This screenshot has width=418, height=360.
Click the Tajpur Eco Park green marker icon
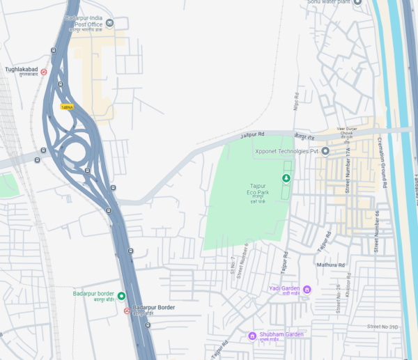(286, 178)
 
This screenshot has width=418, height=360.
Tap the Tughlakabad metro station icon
(43, 71)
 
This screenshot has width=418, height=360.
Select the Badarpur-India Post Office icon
(109, 24)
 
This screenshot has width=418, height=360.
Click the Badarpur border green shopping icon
(121, 296)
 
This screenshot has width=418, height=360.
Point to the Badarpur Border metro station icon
(126, 311)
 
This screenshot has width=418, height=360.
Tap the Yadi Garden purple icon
(306, 289)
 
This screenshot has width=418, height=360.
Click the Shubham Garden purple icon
(252, 336)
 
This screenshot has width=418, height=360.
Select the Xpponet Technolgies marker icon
(325, 151)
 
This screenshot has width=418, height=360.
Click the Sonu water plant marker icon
(357, 2)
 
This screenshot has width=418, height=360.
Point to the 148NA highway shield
(67, 107)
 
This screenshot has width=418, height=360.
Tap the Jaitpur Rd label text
(253, 133)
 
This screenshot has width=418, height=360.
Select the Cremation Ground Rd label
(381, 160)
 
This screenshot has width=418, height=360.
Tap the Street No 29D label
(382, 327)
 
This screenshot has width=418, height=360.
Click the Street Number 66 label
(376, 231)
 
